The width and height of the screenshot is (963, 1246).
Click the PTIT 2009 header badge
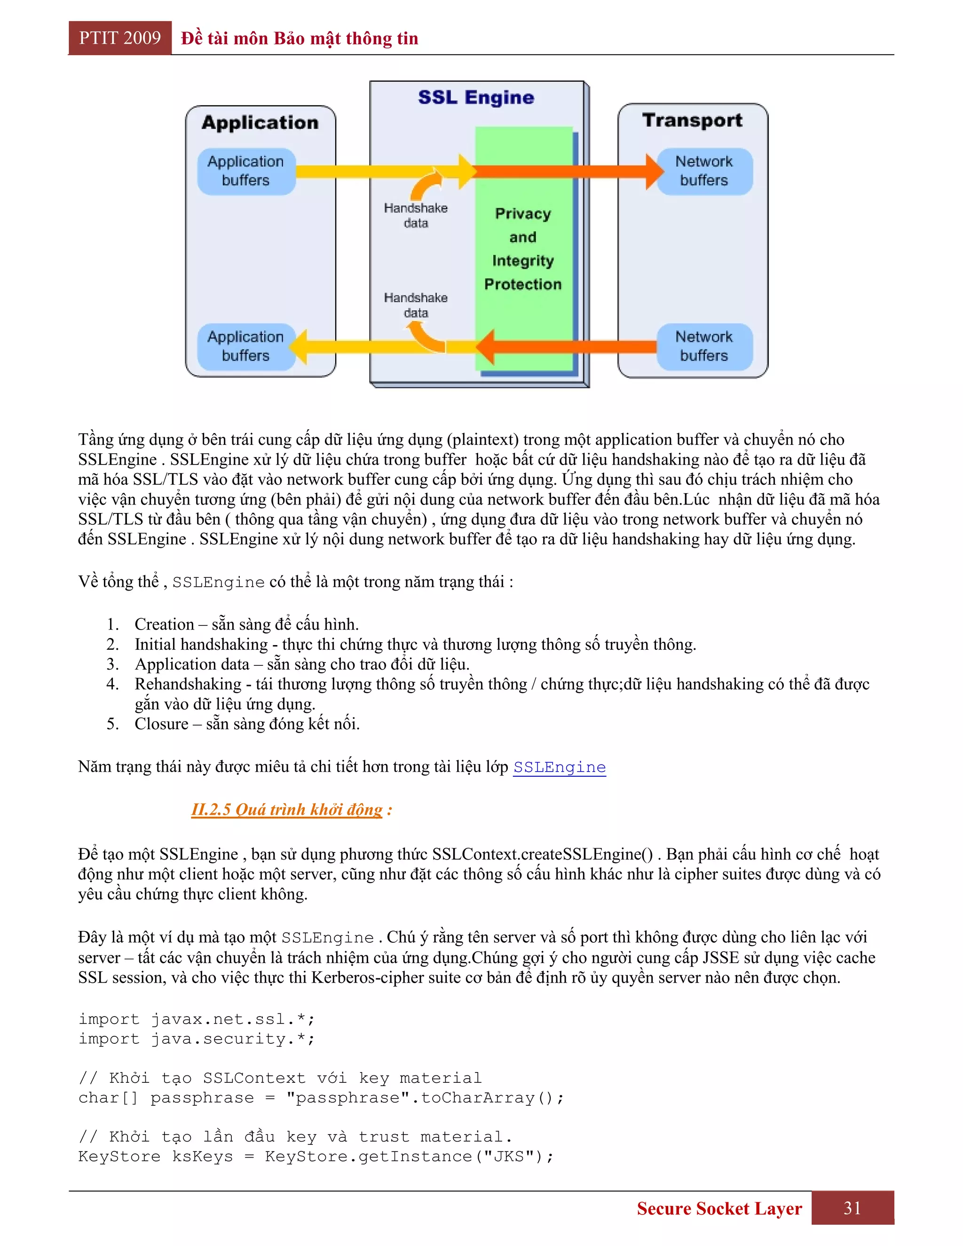click(x=120, y=38)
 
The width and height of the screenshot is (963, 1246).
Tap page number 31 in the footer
click(x=852, y=1208)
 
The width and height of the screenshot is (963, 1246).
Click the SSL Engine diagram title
click(x=476, y=97)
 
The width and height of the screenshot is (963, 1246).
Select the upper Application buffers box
click(x=246, y=171)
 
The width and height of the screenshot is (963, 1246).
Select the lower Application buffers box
click(x=246, y=347)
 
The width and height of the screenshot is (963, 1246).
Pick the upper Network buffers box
click(x=704, y=171)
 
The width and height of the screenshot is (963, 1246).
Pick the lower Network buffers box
click(x=704, y=347)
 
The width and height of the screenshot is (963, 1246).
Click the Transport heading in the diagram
click(x=692, y=120)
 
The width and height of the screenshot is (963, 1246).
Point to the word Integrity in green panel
click(x=522, y=261)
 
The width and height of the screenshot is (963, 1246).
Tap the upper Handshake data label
click(x=415, y=215)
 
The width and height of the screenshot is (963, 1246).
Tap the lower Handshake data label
click(x=415, y=305)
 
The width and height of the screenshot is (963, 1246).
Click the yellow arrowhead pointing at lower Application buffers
click(x=300, y=347)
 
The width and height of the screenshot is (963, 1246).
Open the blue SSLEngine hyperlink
click(x=559, y=767)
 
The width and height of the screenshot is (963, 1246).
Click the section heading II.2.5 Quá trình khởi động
click(x=286, y=810)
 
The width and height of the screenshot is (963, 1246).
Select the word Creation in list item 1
click(x=164, y=624)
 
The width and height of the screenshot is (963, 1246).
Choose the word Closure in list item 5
click(x=161, y=724)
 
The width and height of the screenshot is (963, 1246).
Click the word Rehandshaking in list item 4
click(x=188, y=684)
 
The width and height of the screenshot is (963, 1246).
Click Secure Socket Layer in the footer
click(x=719, y=1208)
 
